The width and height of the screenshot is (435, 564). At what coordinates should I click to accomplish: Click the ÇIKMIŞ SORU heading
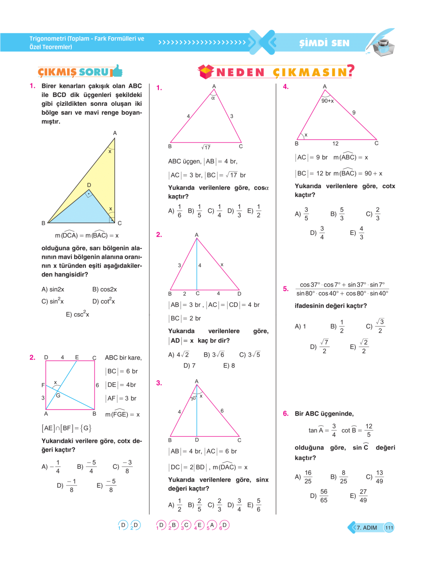coord(73,72)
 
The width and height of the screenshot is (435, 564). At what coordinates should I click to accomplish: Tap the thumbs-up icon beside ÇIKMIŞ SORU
coord(117,71)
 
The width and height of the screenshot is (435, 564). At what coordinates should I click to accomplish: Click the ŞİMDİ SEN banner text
coord(324,43)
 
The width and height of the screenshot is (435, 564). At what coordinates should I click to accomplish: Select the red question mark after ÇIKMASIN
coord(350,70)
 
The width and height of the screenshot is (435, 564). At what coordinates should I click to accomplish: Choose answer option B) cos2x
coord(104,289)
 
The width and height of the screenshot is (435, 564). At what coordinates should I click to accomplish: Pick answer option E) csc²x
coord(77,315)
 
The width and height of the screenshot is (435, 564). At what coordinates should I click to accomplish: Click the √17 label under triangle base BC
coord(206,147)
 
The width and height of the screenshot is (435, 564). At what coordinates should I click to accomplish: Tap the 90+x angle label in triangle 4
coord(327,101)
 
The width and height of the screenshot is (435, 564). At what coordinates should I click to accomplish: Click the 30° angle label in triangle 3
coord(193,398)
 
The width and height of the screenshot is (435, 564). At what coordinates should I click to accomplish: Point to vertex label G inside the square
coord(58,395)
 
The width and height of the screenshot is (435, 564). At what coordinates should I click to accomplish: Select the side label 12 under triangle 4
coord(335,144)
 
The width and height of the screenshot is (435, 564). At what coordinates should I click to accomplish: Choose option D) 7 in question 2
coord(189,365)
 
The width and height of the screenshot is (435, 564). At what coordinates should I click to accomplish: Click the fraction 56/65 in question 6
coord(324,496)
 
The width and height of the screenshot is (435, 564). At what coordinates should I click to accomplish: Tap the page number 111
coord(389,527)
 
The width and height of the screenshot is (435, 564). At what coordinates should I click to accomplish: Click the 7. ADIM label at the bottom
coord(366,527)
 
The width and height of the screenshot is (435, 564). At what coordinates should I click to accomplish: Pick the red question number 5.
coord(286,289)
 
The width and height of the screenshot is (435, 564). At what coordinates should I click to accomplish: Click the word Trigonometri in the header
coord(48,39)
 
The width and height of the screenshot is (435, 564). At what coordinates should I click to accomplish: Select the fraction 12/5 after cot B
coord(369,430)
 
